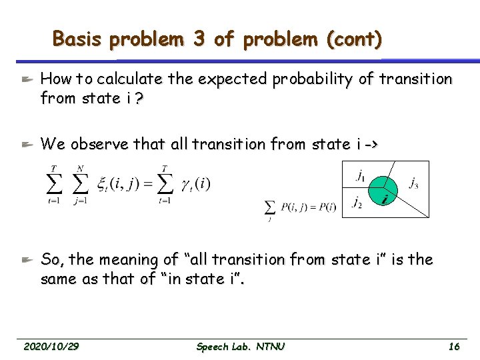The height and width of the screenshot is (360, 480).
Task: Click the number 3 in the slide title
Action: click(199, 39)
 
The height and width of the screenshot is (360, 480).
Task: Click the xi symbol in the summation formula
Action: click(102, 184)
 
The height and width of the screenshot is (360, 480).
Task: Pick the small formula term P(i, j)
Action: click(294, 208)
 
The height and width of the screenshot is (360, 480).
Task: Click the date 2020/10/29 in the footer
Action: click(51, 347)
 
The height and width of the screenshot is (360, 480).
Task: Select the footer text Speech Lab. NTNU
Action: click(241, 347)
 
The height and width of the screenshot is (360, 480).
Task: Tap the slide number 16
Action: click(454, 347)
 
